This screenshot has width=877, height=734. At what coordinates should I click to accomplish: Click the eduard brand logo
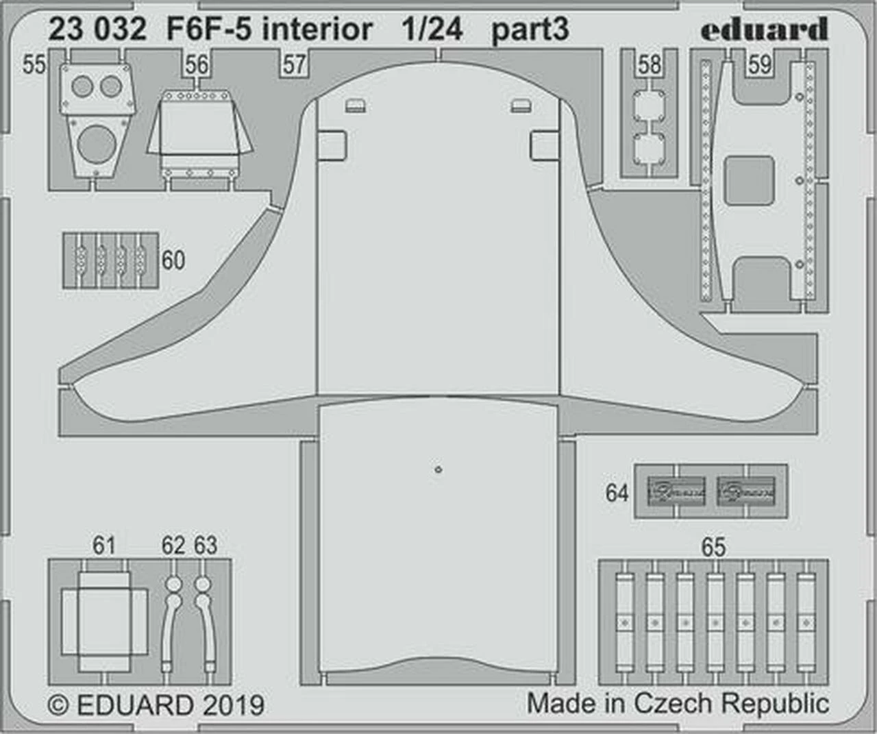[764, 29]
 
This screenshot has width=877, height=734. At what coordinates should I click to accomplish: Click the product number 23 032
[97, 29]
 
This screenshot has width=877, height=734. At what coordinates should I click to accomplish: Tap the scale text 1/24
[432, 29]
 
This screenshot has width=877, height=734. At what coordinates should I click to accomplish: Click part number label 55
[34, 64]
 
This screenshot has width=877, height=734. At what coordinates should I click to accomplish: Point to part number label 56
[197, 65]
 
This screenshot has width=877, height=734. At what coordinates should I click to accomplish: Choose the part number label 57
[294, 65]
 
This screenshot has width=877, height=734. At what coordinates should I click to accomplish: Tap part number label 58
[649, 65]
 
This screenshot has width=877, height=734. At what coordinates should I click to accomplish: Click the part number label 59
[759, 65]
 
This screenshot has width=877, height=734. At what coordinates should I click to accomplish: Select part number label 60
[173, 260]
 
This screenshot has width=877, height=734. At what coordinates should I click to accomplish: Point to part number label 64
[617, 493]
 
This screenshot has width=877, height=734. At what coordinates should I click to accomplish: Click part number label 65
[713, 548]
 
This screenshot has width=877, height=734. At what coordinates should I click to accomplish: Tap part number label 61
[103, 546]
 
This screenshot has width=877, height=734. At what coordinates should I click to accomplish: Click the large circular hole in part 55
[97, 145]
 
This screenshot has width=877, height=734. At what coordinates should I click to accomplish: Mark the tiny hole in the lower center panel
[438, 469]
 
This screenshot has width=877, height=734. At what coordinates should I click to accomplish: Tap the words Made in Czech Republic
[677, 704]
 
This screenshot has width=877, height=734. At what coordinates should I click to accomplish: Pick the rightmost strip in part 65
[806, 622]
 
